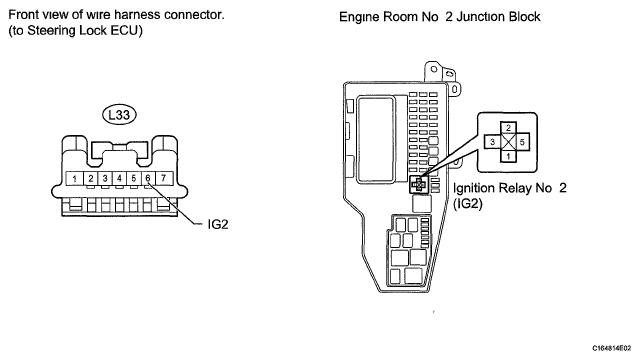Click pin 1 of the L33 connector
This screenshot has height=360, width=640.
tap(74, 178)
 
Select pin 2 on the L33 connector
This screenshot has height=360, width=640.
tap(91, 178)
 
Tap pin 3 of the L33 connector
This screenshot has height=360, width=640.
tap(105, 178)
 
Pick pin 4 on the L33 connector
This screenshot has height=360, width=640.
tap(119, 178)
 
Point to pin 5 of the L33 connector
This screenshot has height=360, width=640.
tap(133, 178)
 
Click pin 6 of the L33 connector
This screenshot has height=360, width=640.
tap(148, 178)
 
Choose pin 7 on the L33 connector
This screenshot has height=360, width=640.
tap(164, 178)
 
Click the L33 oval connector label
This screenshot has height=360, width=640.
tap(119, 115)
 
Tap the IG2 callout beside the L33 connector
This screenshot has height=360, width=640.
tap(218, 224)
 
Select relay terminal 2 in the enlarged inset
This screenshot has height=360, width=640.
tap(508, 128)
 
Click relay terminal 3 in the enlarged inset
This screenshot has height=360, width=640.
tap(493, 142)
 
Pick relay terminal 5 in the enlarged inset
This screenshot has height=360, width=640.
tap(522, 142)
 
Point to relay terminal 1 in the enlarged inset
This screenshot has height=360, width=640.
tap(508, 156)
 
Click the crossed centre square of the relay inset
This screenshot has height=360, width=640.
tap(508, 142)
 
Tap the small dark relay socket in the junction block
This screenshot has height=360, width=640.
tap(418, 185)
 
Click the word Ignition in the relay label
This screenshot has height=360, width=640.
tap(473, 188)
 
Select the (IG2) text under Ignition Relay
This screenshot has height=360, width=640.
tap(468, 203)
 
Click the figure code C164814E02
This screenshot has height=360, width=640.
tap(611, 348)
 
